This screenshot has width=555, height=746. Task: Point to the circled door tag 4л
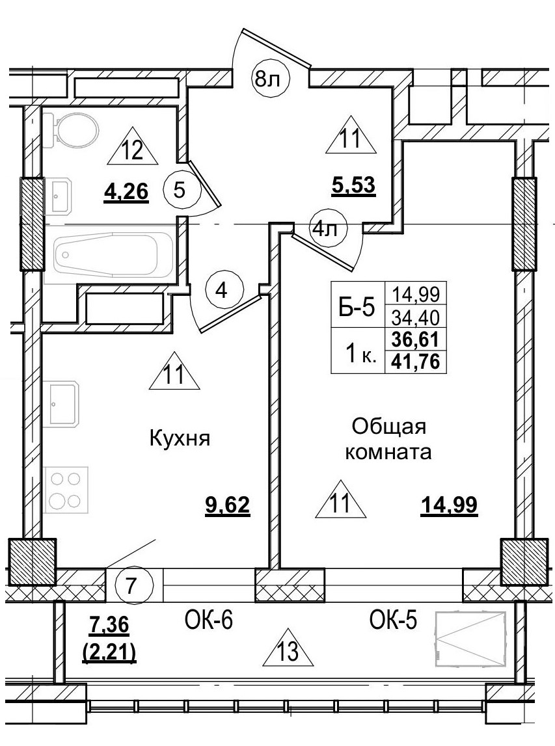click(329, 228)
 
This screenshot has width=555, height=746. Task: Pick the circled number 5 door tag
click(180, 191)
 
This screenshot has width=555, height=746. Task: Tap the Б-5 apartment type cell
click(357, 308)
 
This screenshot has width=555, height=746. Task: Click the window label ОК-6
click(205, 621)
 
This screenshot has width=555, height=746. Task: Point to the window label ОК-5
click(393, 621)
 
